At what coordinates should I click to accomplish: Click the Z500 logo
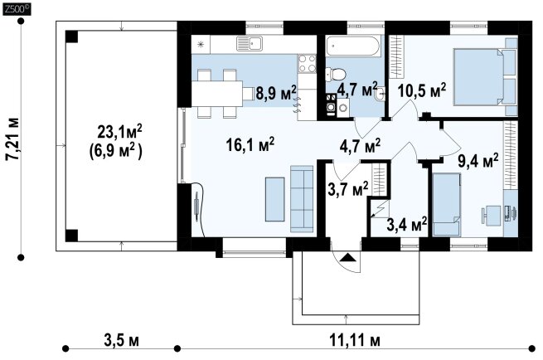tap(17, 9)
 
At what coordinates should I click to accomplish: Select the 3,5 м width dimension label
tap(121, 341)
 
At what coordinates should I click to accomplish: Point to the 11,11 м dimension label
tap(354, 341)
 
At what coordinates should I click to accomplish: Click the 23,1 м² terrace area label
tap(119, 131)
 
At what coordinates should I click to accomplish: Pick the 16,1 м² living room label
tap(250, 144)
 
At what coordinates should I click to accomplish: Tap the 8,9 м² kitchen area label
tap(276, 93)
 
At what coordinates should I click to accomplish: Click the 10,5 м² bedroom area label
tap(421, 90)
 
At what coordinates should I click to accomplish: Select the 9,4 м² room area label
tap(478, 160)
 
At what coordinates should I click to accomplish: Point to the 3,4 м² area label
tap(406, 225)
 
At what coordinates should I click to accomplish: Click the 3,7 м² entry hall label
tap(347, 189)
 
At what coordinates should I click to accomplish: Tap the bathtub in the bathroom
tap(353, 46)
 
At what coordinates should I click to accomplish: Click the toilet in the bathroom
tap(335, 74)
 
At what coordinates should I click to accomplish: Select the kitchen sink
tap(250, 44)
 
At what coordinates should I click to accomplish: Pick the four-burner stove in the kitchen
tap(308, 64)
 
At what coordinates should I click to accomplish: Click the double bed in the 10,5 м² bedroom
tap(485, 76)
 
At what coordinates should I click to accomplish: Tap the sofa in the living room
tap(302, 198)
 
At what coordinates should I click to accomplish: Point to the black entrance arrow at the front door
tap(347, 257)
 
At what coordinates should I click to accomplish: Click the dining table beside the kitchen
tap(217, 93)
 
